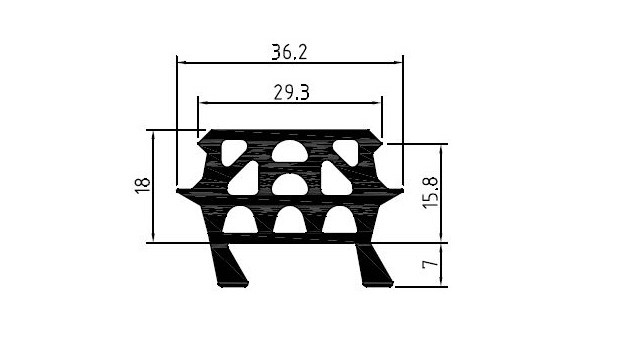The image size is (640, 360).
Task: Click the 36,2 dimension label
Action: [x=289, y=52]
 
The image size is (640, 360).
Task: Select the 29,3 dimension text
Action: [x=291, y=93]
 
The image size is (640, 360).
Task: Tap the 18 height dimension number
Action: [x=142, y=186]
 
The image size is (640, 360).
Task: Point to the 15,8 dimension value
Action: [x=430, y=193]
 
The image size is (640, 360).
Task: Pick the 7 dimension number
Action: [x=430, y=264]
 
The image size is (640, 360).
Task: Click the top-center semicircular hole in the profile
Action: [x=290, y=151]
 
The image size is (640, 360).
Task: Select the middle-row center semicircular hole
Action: [x=290, y=185]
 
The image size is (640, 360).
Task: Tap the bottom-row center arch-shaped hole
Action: [x=290, y=220]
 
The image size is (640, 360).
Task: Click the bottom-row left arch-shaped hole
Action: [x=240, y=220]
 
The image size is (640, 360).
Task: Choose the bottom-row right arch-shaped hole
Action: [x=340, y=220]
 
